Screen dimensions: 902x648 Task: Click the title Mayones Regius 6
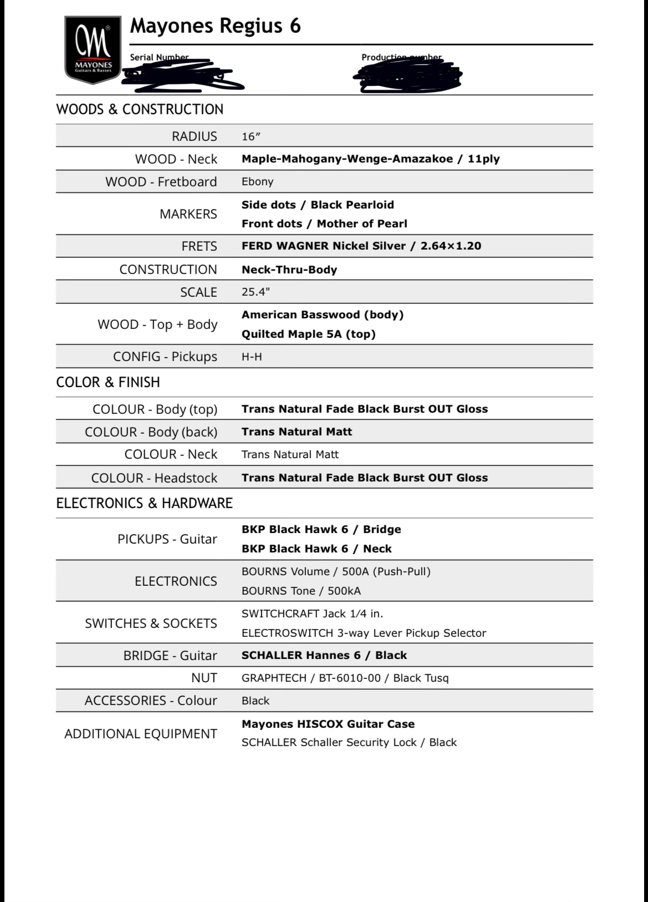[215, 26]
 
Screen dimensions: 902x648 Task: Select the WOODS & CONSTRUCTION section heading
[140, 109]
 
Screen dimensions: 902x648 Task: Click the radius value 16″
[251, 136]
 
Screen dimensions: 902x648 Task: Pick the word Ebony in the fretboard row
[257, 181]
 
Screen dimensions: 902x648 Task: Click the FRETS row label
[199, 246]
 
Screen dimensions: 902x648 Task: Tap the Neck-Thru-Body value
[289, 270]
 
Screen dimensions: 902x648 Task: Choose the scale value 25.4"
[256, 292]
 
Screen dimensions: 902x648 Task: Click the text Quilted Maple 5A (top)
[308, 334]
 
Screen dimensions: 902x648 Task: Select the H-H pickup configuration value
[252, 357]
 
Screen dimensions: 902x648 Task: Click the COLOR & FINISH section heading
[108, 382]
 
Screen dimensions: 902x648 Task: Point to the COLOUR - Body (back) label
[151, 432]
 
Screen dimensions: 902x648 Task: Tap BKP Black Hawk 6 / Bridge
[321, 529]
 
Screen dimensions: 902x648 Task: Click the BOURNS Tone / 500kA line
[301, 591]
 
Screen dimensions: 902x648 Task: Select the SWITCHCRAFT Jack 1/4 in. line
[312, 614]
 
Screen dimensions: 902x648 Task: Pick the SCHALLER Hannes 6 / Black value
[324, 655]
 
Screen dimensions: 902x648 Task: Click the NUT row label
[204, 678]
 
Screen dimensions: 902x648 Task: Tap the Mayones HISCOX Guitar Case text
[328, 724]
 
